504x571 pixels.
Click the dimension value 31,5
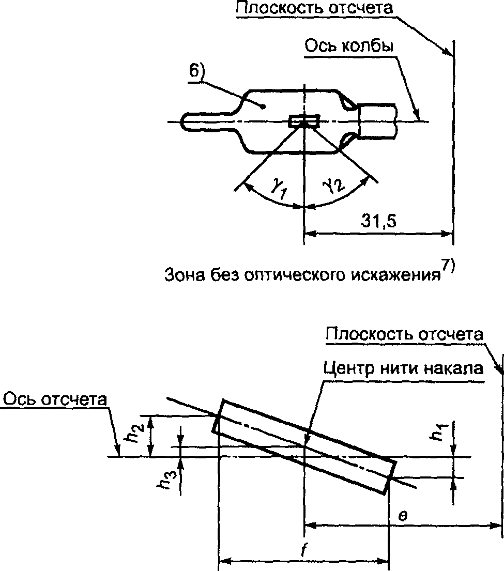click(378, 221)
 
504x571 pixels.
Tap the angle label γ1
click(279, 189)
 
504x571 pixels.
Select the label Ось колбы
click(349, 47)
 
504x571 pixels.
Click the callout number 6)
click(197, 70)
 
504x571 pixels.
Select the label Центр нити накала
click(404, 368)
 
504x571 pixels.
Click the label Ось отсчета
click(55, 399)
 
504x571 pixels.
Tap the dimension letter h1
click(438, 431)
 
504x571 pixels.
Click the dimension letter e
click(402, 515)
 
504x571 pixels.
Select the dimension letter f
click(303, 550)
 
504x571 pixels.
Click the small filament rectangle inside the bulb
click(304, 121)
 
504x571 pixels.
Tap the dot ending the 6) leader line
click(263, 106)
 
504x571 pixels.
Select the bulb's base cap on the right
click(377, 121)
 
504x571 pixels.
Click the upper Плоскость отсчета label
click(315, 8)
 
